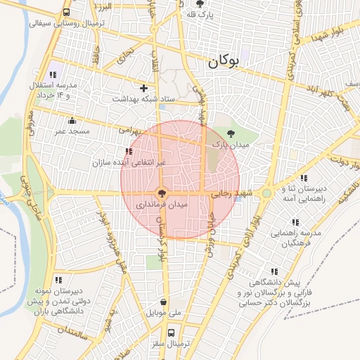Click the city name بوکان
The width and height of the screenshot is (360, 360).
[224, 61]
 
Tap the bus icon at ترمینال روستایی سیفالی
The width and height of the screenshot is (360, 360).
[66, 12]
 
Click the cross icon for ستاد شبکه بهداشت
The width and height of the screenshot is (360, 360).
[144, 89]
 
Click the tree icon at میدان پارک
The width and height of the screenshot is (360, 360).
[231, 133]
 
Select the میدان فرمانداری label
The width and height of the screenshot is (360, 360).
[162, 203]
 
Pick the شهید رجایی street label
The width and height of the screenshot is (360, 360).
[233, 192]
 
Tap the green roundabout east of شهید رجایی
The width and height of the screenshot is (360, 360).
[266, 193]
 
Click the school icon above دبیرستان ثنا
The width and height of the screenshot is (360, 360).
[304, 178]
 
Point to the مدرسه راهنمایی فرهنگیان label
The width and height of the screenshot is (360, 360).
[300, 238]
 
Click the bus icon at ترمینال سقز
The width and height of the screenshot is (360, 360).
[171, 333]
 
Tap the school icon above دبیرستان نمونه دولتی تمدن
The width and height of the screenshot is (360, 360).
[58, 279]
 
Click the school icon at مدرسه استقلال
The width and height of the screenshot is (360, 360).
[53, 75]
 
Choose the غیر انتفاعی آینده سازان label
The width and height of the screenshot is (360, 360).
[129, 162]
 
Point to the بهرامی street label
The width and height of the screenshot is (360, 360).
[129, 131]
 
